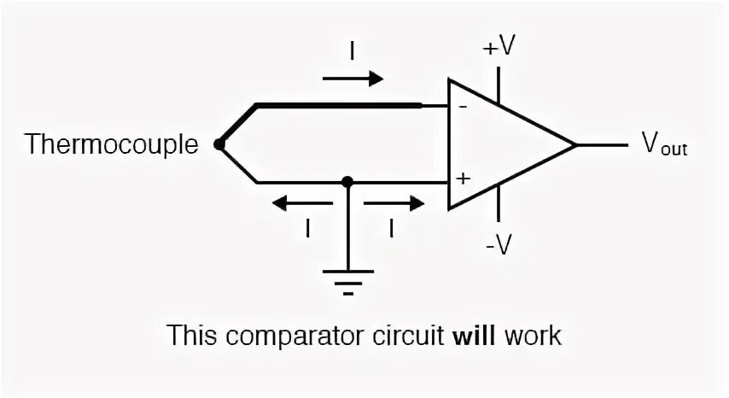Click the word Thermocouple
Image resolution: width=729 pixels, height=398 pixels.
click(x=111, y=143)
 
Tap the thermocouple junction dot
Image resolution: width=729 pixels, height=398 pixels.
click(x=219, y=144)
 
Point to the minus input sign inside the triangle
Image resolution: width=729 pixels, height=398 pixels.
click(x=462, y=108)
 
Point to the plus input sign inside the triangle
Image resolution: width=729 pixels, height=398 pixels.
click(x=463, y=180)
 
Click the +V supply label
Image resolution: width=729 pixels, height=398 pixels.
click(x=499, y=48)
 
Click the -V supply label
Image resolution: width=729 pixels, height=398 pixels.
click(x=499, y=245)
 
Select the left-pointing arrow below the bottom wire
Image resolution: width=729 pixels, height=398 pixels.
click(x=302, y=203)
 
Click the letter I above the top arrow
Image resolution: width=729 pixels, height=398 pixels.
click(x=352, y=51)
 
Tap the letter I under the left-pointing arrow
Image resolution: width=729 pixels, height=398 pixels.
click(x=306, y=228)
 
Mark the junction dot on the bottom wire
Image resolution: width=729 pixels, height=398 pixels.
click(x=347, y=182)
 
